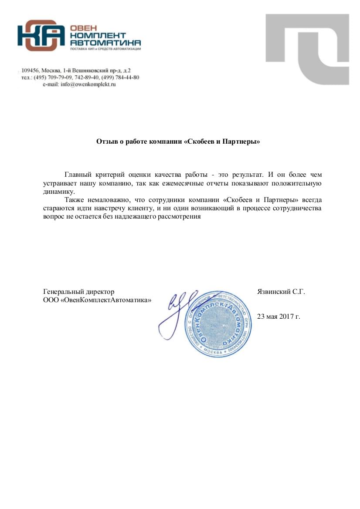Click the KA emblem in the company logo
[x=41, y=35]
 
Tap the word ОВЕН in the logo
[x=81, y=28]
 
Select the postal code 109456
[x=31, y=70]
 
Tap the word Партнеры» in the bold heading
[x=245, y=142]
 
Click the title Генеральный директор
[x=79, y=291]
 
